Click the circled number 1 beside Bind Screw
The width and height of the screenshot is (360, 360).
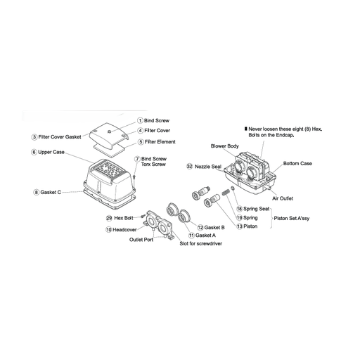(x=140, y=121)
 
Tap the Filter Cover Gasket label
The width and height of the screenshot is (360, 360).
(x=60, y=137)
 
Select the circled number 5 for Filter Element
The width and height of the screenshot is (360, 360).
(x=141, y=142)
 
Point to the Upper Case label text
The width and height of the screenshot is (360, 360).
(x=51, y=152)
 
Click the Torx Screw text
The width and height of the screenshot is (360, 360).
(x=153, y=165)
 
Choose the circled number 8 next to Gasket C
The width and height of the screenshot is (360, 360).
(x=36, y=193)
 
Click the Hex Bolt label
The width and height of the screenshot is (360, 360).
(x=124, y=218)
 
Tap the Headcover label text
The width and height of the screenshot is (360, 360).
(x=124, y=230)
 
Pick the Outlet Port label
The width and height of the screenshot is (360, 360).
(x=141, y=240)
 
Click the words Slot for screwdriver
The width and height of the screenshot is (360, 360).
(x=200, y=243)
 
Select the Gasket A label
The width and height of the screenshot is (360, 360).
(x=205, y=236)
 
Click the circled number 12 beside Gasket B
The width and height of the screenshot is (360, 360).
(x=200, y=228)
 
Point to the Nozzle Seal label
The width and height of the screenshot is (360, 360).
(x=208, y=167)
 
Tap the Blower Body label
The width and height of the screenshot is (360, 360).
(x=224, y=146)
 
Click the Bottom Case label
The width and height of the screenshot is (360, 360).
(x=297, y=163)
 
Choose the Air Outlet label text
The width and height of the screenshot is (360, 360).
(x=283, y=198)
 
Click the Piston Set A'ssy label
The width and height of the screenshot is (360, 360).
(x=292, y=219)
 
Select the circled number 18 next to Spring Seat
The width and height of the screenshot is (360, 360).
(x=239, y=209)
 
